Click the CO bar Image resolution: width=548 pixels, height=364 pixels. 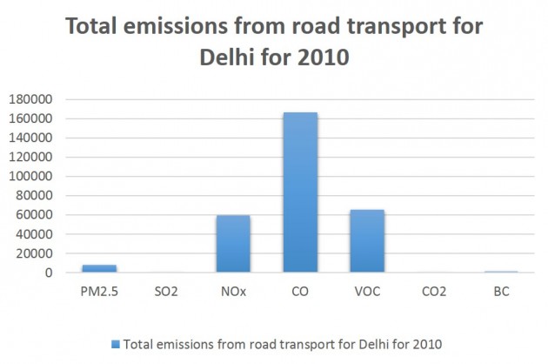click(300, 192)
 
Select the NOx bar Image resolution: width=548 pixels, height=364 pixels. click(233, 244)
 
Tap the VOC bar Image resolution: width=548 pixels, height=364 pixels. click(366, 241)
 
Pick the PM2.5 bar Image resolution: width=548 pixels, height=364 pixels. click(99, 268)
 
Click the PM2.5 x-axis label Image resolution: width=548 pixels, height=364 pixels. click(99, 292)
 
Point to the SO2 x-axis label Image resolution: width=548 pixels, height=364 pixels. click(166, 292)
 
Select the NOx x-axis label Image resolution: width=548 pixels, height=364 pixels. click(233, 292)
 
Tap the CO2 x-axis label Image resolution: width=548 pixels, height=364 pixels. click(433, 292)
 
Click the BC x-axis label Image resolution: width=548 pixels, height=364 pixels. click(500, 292)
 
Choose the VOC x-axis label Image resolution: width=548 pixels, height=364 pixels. click(366, 292)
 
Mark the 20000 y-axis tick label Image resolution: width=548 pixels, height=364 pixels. click(39, 253)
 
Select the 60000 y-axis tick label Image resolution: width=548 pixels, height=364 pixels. click(39, 215)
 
